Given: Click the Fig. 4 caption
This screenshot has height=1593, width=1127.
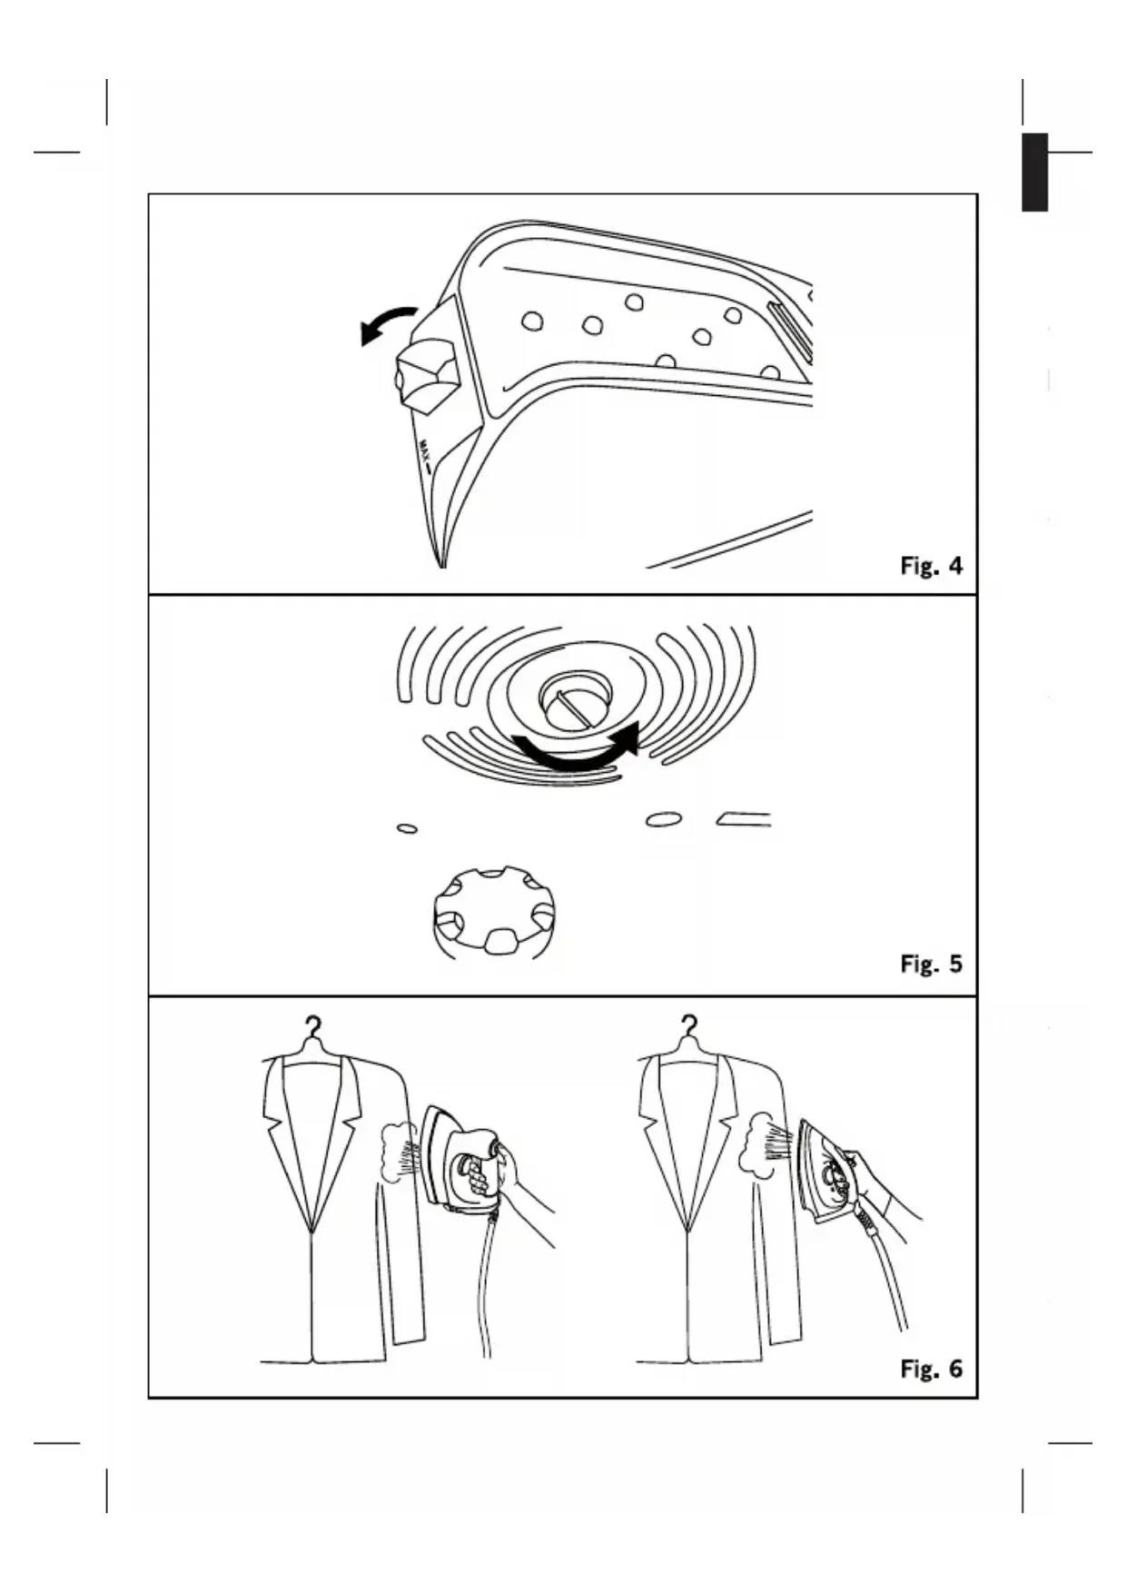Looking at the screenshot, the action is coord(931,566).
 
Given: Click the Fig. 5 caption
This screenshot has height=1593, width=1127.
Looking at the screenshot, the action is coord(931,964).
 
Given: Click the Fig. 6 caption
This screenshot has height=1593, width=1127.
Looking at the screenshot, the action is coord(931,1368).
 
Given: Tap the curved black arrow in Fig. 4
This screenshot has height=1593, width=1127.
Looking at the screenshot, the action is coord(386,324).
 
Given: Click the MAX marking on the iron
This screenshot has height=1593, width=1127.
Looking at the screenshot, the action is coord(424,448).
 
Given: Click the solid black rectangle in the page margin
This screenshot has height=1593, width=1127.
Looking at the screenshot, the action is coord(1034,173).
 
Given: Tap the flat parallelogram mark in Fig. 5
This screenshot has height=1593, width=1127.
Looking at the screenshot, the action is coord(745,820).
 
